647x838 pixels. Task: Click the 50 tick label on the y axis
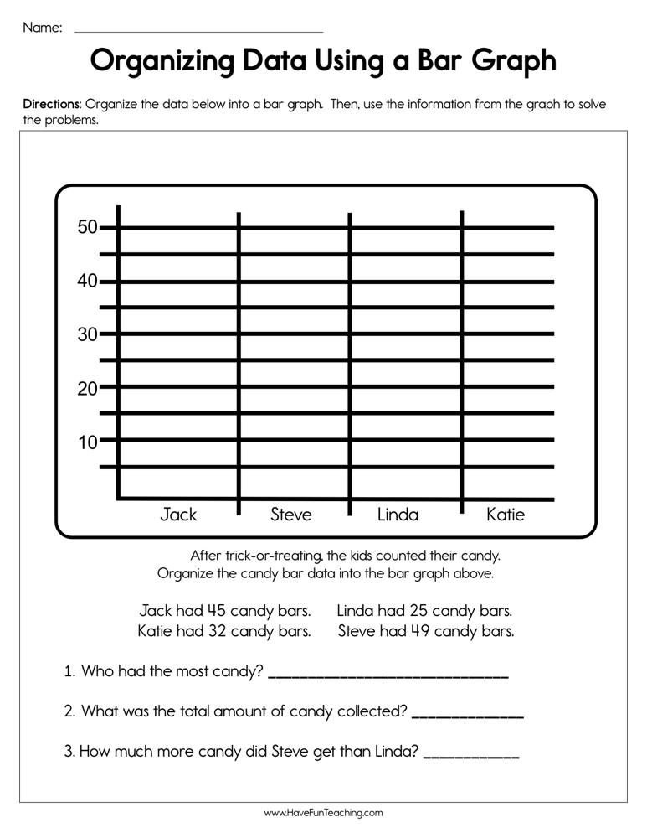point(87,227)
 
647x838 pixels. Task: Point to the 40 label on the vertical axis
point(87,281)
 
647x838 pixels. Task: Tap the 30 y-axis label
point(87,334)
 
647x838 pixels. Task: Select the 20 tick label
point(87,388)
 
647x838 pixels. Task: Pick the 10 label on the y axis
point(87,442)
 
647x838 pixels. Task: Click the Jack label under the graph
point(178,515)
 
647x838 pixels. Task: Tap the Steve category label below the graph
point(290,515)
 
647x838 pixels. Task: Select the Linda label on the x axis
point(398,515)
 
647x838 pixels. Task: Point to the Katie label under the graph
point(506,515)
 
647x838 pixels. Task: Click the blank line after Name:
point(198,31)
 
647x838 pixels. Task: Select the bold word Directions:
point(53,105)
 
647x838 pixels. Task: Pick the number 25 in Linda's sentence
point(420,610)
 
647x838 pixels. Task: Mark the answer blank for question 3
point(472,753)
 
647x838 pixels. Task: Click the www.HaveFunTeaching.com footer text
point(323,813)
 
